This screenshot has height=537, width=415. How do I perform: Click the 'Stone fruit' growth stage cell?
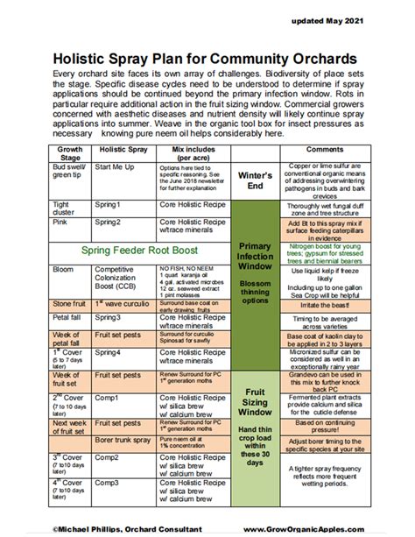click(70, 304)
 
